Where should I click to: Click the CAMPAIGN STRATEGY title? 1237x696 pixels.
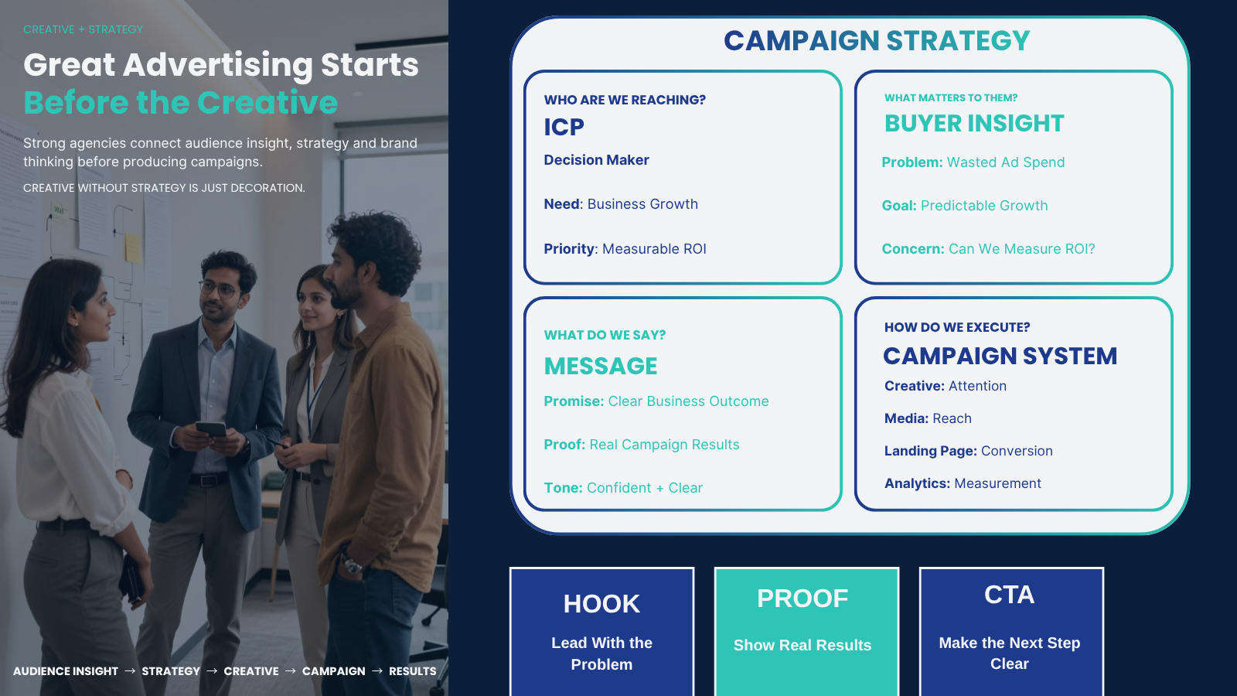[877, 40]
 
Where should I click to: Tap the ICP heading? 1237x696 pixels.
[564, 127]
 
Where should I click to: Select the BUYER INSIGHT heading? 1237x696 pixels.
[974, 123]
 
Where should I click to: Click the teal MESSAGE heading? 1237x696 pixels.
[601, 367]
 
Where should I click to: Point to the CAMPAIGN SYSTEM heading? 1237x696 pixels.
[1000, 356]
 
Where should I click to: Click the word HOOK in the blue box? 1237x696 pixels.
[601, 604]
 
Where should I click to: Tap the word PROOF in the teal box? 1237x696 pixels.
[803, 599]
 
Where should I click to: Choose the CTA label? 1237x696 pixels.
[1009, 595]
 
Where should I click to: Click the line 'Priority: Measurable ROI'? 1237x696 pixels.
[625, 248]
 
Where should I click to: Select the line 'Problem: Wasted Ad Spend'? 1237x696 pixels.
[973, 162]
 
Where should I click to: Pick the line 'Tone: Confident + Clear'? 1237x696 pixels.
[623, 488]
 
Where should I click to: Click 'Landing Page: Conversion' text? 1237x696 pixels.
[969, 451]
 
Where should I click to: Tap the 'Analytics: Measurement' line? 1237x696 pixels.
[963, 483]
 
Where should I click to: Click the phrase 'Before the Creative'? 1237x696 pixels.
[181, 102]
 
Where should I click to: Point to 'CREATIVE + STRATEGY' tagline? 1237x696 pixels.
[83, 29]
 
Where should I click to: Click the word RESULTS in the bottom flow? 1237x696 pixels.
[413, 671]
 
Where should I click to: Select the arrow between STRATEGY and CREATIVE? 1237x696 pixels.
[212, 671]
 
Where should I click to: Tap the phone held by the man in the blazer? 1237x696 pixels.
[211, 428]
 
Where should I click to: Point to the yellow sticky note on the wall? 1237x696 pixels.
[133, 247]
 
